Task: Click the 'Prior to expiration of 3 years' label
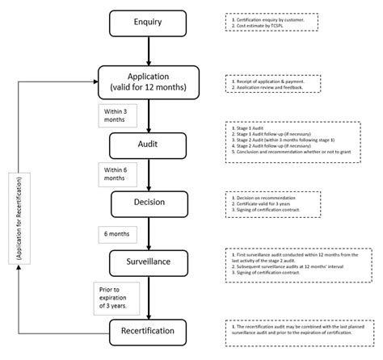116,295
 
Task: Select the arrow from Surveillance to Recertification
148,295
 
